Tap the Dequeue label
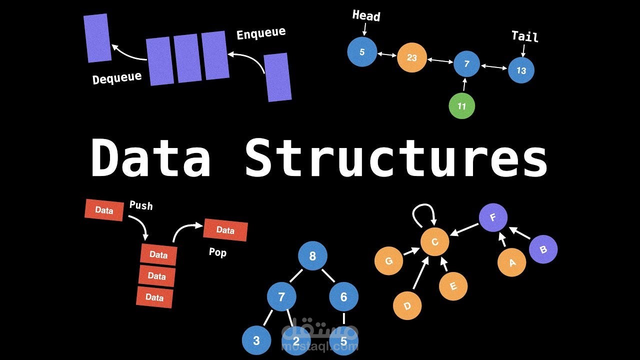[117, 77]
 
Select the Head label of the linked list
[366, 15]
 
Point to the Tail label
[524, 36]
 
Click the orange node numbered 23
[411, 57]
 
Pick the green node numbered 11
[461, 106]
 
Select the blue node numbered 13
[521, 70]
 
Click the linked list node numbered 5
[362, 51]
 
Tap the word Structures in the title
[396, 157]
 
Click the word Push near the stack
[141, 205]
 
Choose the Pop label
[217, 252]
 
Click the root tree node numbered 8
[312, 256]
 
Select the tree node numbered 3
[256, 340]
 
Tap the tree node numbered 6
[343, 296]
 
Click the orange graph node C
[434, 242]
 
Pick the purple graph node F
[493, 218]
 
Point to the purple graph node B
[543, 249]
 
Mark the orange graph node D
[407, 305]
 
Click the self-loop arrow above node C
[424, 213]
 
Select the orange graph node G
[388, 260]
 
